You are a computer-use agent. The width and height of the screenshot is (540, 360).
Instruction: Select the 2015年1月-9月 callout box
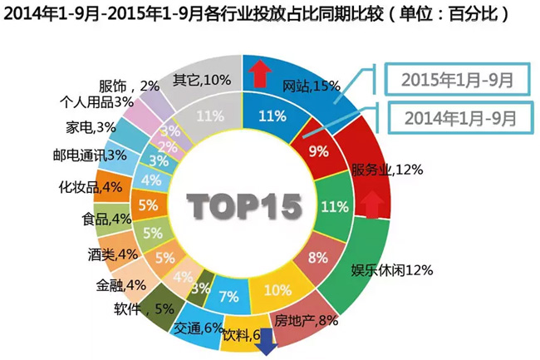tap(456, 80)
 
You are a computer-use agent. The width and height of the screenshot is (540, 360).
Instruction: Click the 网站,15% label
tap(312, 85)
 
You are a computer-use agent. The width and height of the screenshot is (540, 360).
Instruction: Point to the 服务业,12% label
tap(388, 170)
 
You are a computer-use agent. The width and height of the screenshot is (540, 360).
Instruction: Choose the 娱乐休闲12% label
tap(393, 269)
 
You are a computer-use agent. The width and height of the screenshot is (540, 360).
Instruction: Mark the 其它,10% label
tap(202, 80)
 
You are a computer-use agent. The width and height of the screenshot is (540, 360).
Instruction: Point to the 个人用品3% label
tap(96, 101)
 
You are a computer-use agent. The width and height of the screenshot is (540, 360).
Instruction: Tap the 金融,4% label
tap(121, 284)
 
